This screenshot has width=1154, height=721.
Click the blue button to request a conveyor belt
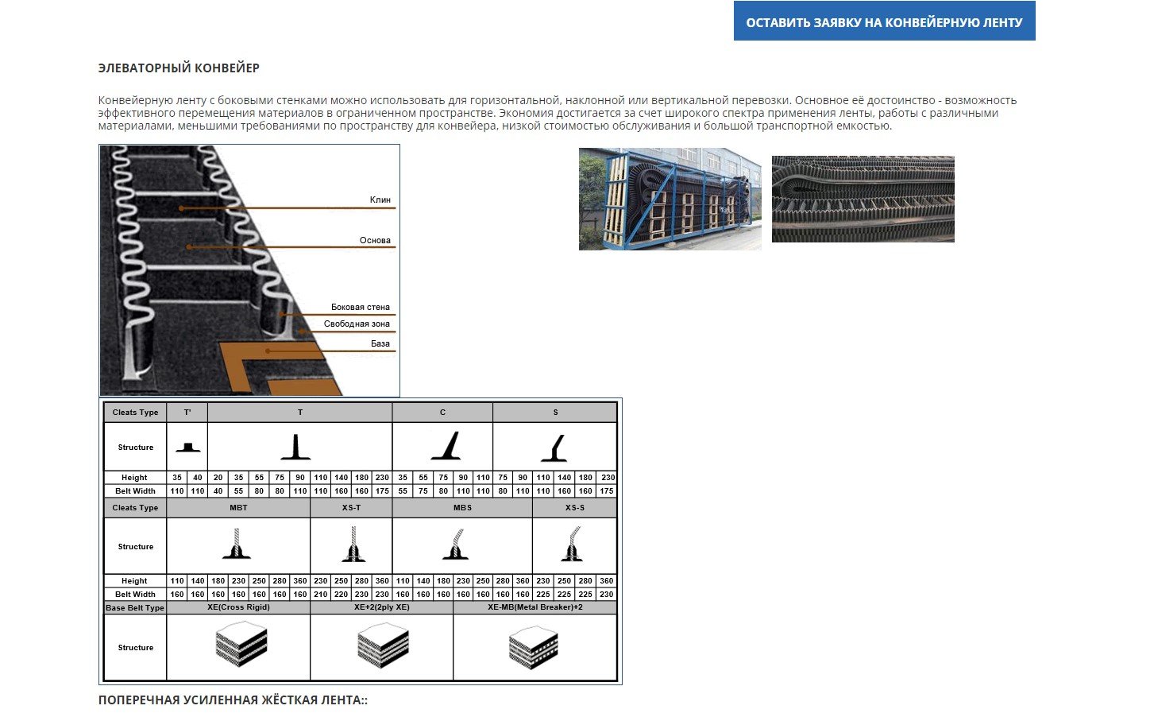tap(884, 21)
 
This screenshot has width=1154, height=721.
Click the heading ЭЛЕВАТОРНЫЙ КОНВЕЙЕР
tap(179, 68)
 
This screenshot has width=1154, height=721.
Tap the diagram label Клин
tap(380, 200)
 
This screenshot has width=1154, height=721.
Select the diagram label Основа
tap(375, 240)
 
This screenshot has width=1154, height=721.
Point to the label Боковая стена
tap(360, 307)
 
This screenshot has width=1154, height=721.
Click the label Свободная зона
tap(357, 324)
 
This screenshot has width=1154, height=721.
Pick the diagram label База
tap(380, 343)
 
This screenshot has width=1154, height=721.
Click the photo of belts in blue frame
tap(670, 199)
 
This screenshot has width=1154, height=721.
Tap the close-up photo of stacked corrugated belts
tap(863, 199)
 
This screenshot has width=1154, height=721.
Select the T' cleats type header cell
tap(187, 412)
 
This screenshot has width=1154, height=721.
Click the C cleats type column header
tap(442, 412)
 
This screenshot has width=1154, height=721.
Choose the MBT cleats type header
tap(238, 507)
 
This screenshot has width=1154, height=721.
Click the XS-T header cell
tap(351, 507)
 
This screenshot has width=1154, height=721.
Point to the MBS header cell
tap(462, 507)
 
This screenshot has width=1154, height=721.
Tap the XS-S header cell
tap(574, 507)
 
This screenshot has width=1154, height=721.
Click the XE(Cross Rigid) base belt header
tap(238, 607)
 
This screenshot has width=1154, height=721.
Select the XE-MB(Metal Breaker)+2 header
tap(535, 607)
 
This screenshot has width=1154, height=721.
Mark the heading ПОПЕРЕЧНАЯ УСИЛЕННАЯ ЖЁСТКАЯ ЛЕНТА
tap(233, 700)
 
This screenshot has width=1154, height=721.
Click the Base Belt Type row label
tap(135, 608)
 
